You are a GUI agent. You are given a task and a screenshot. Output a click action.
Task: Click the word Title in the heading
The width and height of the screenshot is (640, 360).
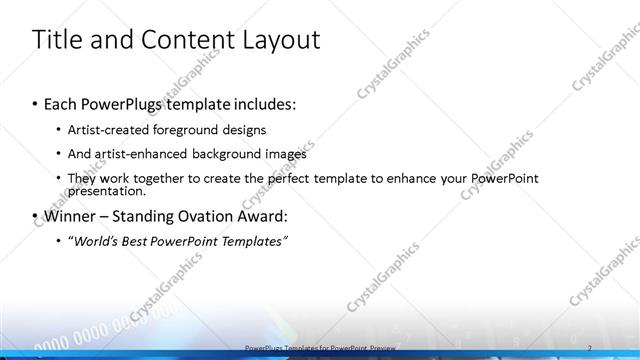pyautogui.click(x=58, y=40)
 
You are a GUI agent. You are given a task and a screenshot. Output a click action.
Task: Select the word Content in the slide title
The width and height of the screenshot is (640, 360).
pyautogui.click(x=176, y=40)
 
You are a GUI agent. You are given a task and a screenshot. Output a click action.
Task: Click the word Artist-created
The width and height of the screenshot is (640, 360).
pyautogui.click(x=105, y=130)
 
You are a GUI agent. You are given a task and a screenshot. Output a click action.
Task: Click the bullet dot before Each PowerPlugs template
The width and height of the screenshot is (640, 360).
pyautogui.click(x=36, y=105)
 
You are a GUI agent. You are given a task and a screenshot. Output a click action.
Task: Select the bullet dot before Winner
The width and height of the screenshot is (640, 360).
pyautogui.click(x=36, y=217)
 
